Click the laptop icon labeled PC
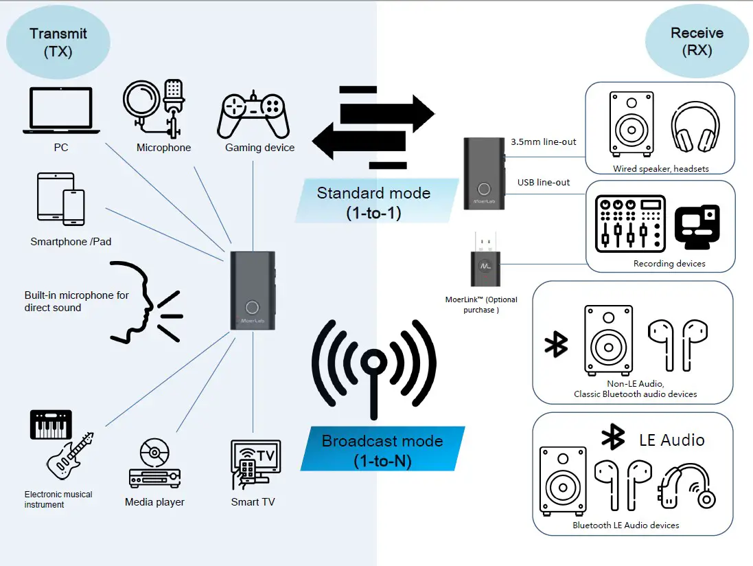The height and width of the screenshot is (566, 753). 61,111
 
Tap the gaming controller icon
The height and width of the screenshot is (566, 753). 253,115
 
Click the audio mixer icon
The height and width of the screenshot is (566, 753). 630,223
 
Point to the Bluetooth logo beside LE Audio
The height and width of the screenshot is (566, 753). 612,437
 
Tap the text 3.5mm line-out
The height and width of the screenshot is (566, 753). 543,142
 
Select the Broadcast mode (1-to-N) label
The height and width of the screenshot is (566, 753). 382,450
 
